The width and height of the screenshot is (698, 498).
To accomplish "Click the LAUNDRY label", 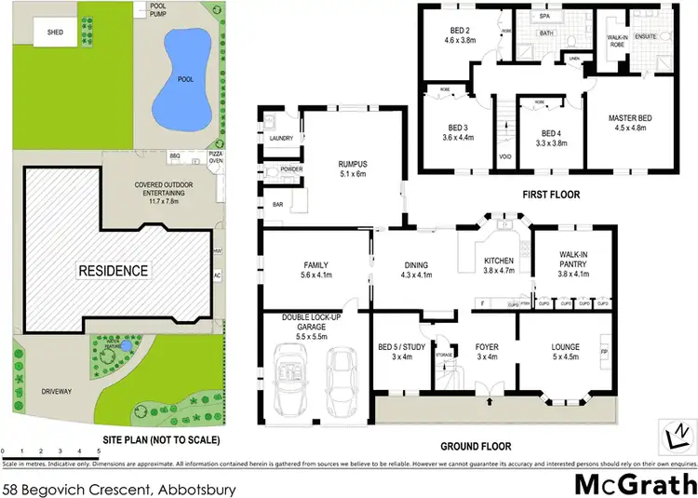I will pos(281,139).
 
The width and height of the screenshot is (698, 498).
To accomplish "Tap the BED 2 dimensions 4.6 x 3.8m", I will pos(461,41).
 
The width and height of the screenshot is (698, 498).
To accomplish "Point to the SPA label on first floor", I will pos(545,16).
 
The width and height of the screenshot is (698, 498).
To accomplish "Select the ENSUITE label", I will pos(646,35).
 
